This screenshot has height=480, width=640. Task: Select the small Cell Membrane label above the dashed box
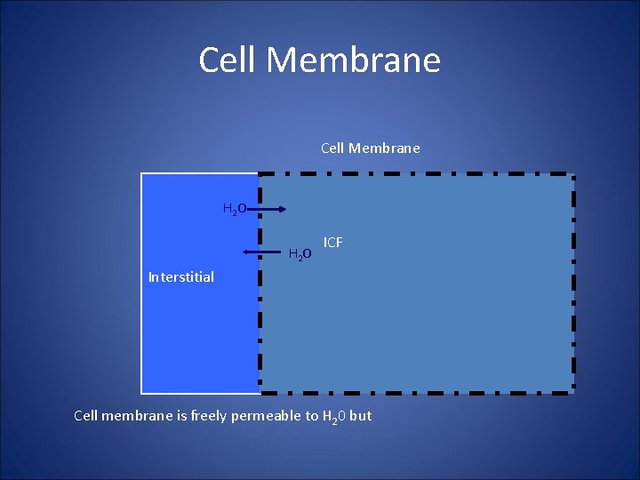coord(370,148)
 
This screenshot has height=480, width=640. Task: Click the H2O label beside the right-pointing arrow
coord(234,210)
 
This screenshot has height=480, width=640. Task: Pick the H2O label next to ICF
coord(300,255)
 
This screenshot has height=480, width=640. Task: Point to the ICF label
coord(333,243)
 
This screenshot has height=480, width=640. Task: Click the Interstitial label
coord(181,277)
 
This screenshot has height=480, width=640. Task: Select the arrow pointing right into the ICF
coord(267,210)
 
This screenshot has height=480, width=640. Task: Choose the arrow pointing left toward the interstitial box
coord(261,253)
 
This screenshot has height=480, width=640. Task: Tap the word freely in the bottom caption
coord(204,415)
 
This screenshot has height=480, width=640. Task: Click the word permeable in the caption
coord(264,415)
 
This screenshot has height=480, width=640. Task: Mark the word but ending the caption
coord(361,415)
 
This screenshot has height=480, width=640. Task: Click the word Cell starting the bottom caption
coord(85,415)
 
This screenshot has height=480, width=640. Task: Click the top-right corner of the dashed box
coord(573,174)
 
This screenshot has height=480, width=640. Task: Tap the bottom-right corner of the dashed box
coord(573,391)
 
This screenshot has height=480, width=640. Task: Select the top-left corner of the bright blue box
coord(142,174)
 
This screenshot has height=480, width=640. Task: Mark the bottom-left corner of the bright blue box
coord(142,392)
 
